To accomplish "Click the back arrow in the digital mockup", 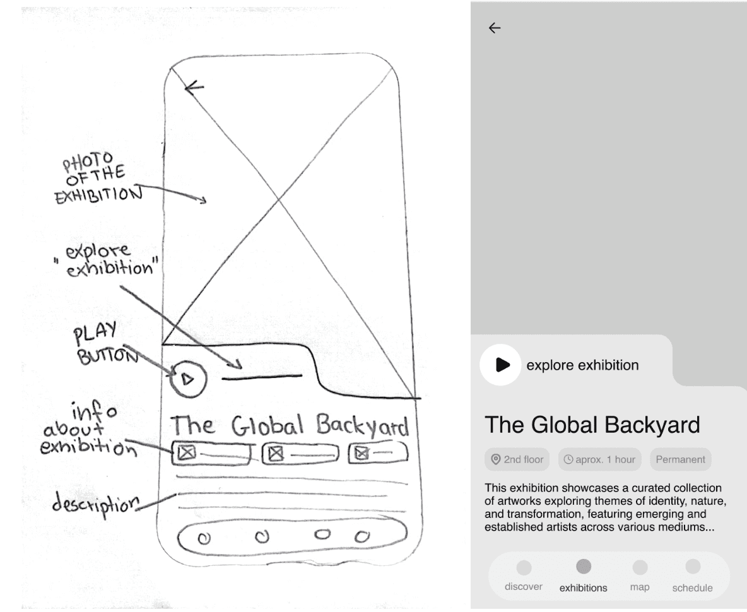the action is click(495, 28).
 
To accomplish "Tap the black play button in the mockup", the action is click(502, 365).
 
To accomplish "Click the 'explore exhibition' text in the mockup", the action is click(582, 365).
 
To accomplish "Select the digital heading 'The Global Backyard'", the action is click(592, 425).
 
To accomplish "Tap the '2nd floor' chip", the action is click(517, 459).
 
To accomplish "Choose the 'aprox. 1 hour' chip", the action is click(599, 459).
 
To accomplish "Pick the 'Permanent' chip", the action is click(680, 459).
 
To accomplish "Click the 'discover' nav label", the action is click(524, 587).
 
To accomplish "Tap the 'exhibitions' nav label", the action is click(583, 588).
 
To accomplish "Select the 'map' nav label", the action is click(639, 587).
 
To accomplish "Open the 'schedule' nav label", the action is click(692, 588).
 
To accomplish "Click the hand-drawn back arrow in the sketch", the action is click(194, 87).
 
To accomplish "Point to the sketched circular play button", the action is click(188, 379).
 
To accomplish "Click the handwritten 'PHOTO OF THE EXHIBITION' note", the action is click(98, 180).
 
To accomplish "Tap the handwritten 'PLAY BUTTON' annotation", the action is click(105, 344).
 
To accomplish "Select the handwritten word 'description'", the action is click(95, 506).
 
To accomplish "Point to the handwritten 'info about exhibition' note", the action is click(88, 431).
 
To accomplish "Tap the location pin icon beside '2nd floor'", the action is click(496, 459).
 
